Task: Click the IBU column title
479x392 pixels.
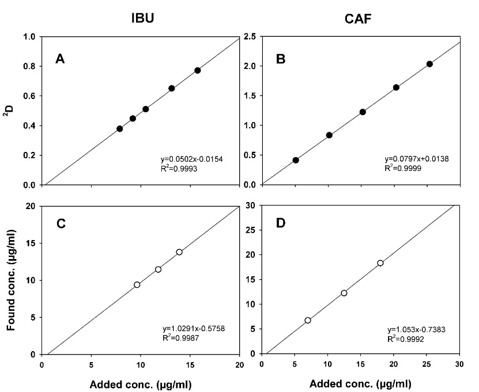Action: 141,17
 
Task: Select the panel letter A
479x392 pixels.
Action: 59,58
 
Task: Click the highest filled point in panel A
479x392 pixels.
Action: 198,70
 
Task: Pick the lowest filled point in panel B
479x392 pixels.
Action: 296,160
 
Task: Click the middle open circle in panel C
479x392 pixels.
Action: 158,269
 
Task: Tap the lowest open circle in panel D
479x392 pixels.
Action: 308,320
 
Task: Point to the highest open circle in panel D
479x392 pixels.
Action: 380,263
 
